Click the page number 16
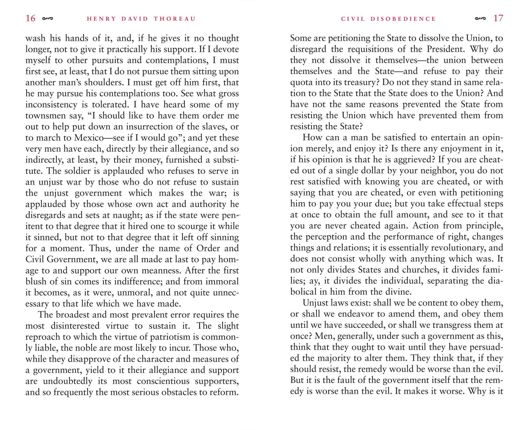(30, 18)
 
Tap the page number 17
(498, 18)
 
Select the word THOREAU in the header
(175, 19)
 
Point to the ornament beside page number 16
(48, 19)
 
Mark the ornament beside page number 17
(480, 19)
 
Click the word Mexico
(89, 138)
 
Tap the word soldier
(78, 171)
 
